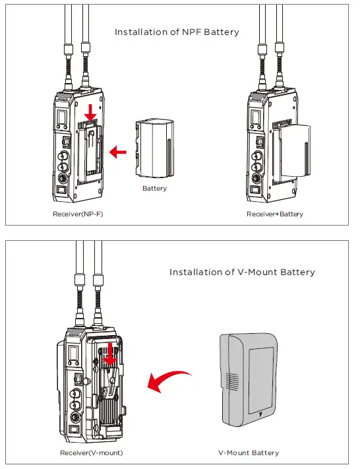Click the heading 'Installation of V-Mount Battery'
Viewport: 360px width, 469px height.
242,272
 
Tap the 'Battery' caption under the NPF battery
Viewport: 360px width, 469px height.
154,188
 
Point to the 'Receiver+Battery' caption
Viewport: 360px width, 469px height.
275,214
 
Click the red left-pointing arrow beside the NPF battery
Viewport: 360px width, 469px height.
118,152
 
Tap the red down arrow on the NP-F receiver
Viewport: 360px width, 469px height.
90,111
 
